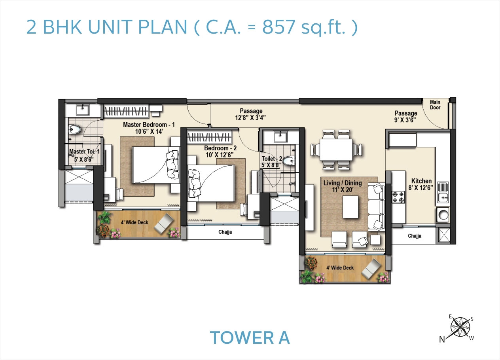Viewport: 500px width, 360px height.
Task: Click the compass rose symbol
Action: (460, 327)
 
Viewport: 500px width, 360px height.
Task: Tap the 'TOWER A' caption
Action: (250, 337)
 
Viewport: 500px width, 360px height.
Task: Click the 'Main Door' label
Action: (435, 105)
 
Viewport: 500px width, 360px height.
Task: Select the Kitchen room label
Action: (421, 181)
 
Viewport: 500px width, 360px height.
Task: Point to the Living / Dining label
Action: (343, 183)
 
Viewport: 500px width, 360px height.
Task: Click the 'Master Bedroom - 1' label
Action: (149, 125)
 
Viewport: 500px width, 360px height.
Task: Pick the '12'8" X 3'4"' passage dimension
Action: (251, 117)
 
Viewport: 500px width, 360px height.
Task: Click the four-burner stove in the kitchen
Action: (398, 197)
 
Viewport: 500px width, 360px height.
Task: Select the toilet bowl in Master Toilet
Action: (75, 129)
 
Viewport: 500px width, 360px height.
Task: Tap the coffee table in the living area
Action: (350, 207)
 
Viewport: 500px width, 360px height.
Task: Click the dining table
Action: (336, 150)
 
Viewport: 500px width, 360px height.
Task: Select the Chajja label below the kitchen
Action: (414, 236)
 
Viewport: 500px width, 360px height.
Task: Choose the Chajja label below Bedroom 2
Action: (225, 232)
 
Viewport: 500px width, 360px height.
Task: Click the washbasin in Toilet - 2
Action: (281, 137)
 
